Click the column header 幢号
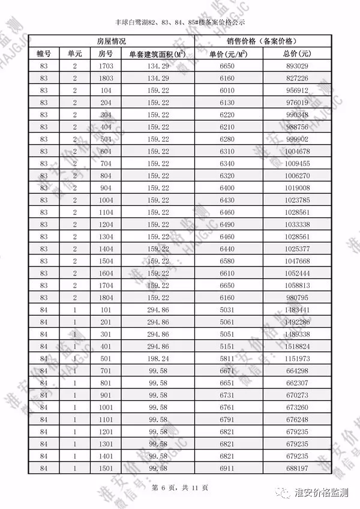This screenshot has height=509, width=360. [x=44, y=53]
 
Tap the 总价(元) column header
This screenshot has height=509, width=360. [x=298, y=53]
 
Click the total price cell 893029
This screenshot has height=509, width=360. [x=298, y=66]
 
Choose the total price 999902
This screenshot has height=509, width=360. [x=298, y=139]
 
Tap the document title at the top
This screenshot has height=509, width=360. [x=181, y=23]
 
